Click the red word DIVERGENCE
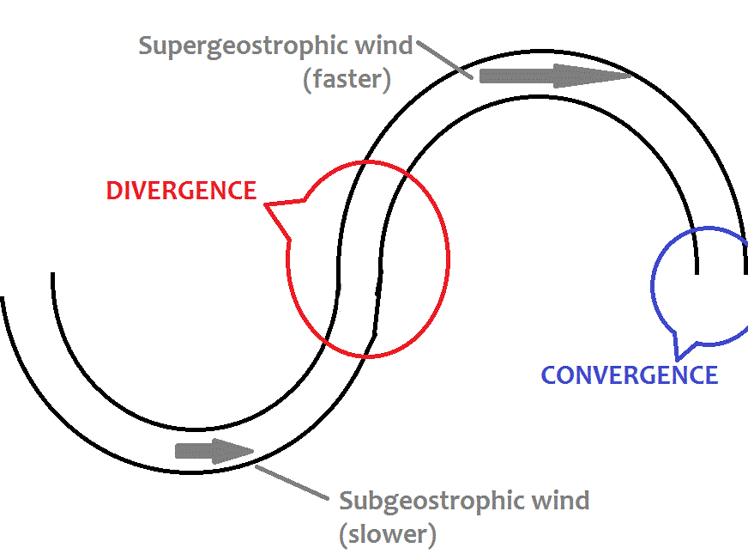(181, 191)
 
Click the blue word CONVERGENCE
(629, 375)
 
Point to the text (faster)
(347, 81)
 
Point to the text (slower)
(388, 534)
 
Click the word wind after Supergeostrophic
(386, 46)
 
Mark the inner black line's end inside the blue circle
(697, 271)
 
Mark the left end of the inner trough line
(53, 275)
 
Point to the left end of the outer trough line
(3, 299)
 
